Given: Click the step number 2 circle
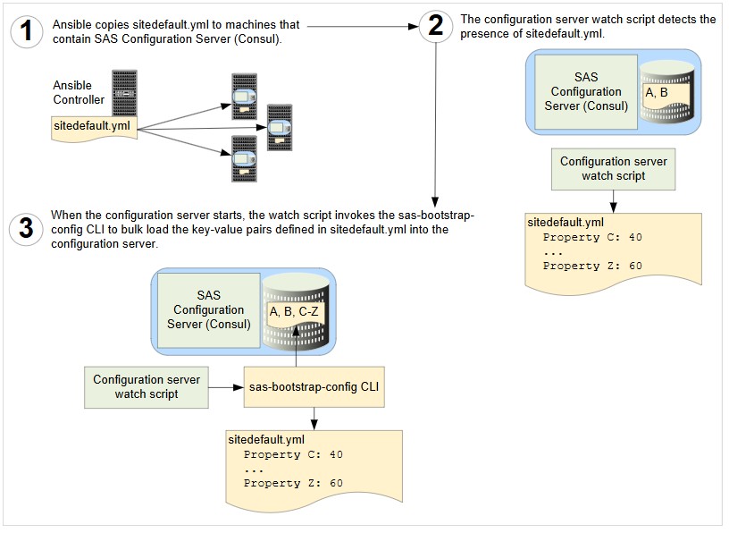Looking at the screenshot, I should point(435,26).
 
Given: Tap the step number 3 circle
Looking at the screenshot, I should point(27,228).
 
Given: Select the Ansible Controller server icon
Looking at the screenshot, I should point(124,90).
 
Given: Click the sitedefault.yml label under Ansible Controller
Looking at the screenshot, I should point(91,126).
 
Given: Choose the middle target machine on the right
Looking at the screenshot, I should point(280,128).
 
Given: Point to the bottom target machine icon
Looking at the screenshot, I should point(239,161).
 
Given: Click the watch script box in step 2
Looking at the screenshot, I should point(613,168).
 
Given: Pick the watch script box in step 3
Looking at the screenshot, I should point(147,387).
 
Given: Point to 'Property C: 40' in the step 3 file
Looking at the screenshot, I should point(293,454).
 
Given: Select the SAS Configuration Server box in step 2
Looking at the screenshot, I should point(585,92).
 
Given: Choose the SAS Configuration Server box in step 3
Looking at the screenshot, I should point(208,309).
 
